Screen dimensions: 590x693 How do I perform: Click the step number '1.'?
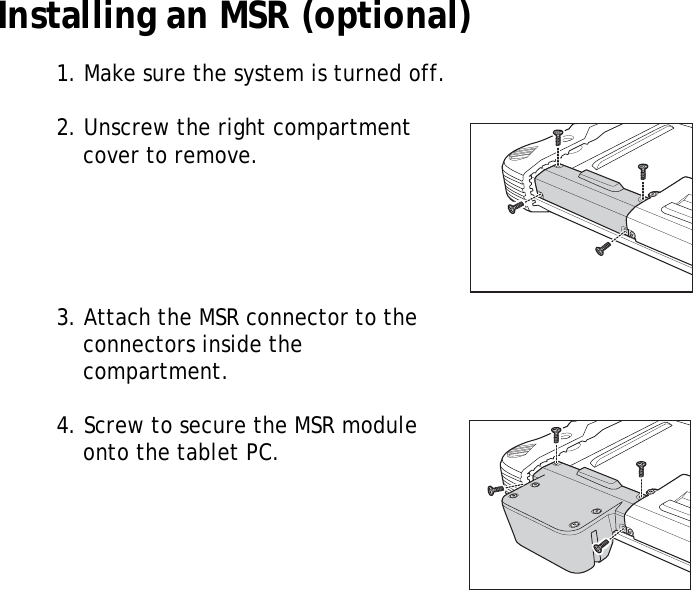pyautogui.click(x=65, y=74)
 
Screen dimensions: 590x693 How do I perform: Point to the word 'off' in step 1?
pyautogui.click(x=427, y=74)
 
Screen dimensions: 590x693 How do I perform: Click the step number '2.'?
pyautogui.click(x=66, y=129)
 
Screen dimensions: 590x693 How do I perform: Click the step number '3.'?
pyautogui.click(x=66, y=319)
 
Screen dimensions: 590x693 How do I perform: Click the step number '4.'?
pyautogui.click(x=66, y=426)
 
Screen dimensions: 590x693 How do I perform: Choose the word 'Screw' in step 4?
pyautogui.click(x=111, y=426)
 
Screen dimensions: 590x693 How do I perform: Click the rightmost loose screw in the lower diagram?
pyautogui.click(x=641, y=467)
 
